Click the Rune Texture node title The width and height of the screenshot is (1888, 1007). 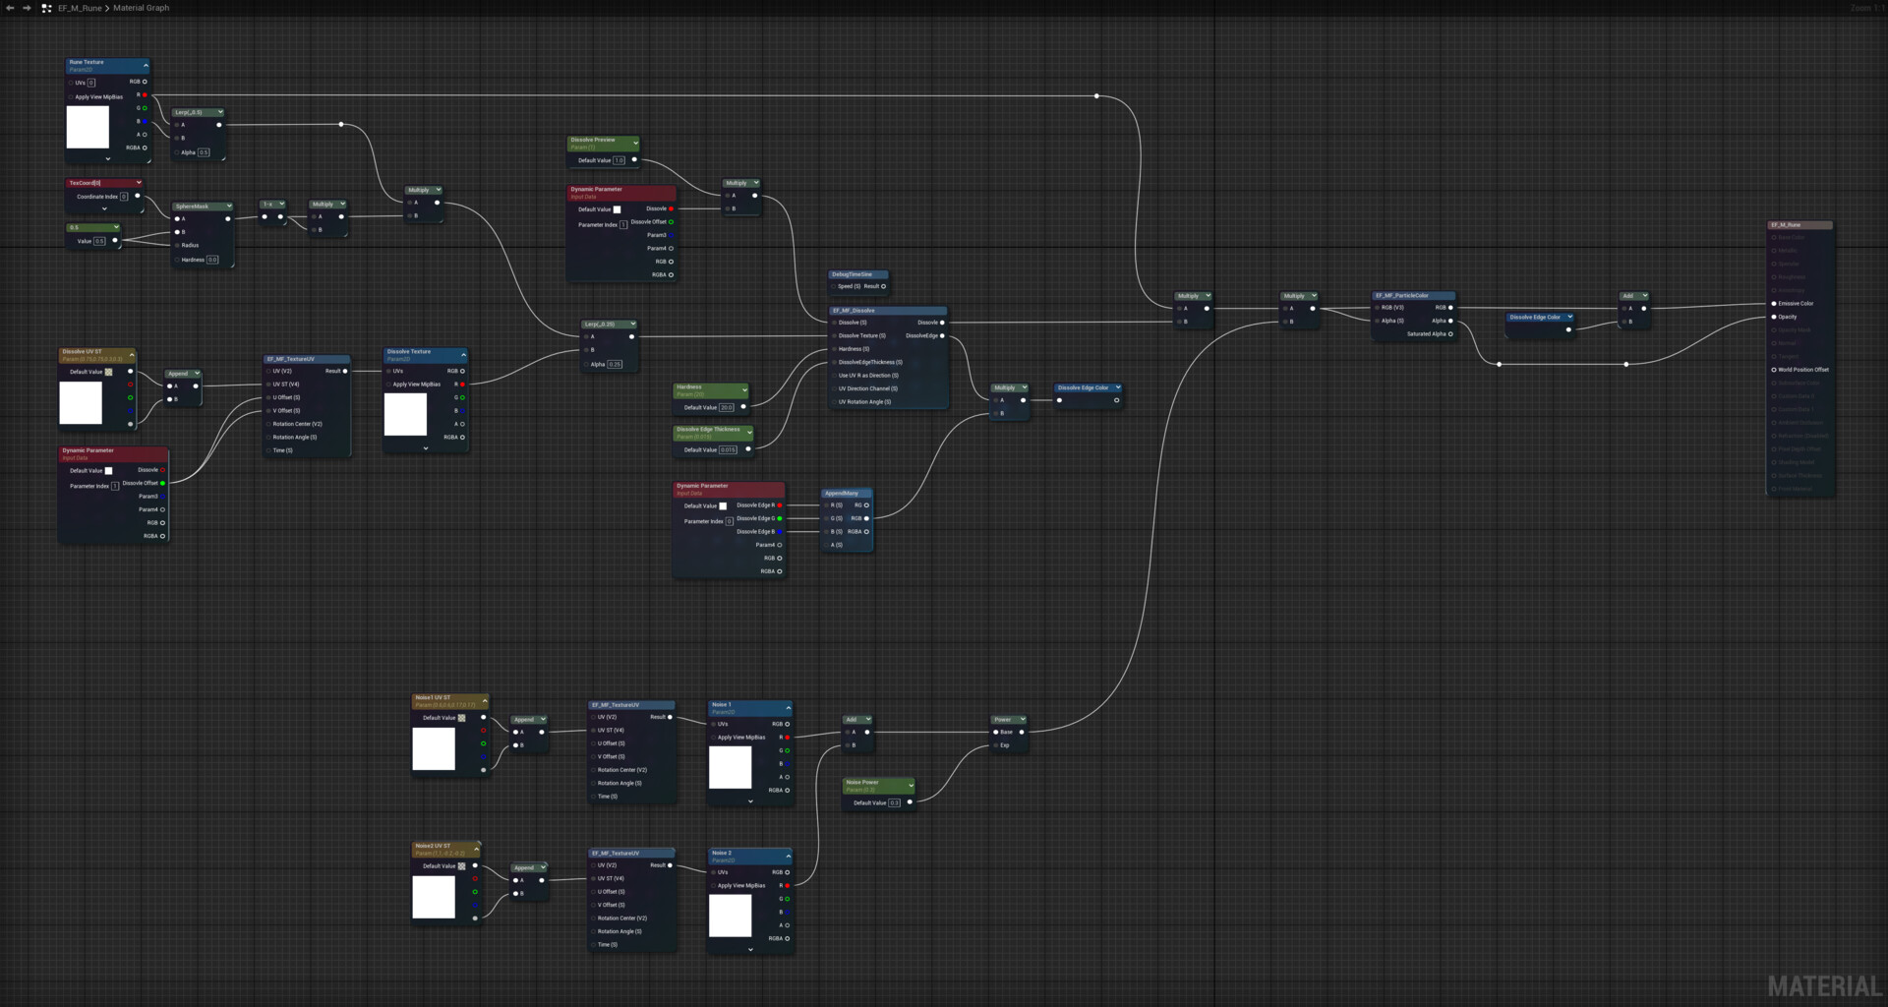87,62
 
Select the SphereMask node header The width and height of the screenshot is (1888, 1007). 193,207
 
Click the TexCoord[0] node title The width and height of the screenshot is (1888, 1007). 86,183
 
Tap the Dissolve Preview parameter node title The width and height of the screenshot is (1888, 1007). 593,140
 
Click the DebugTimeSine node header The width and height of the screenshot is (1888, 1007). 852,274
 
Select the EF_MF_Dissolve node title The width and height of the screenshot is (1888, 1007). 855,311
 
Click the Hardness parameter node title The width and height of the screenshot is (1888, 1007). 689,386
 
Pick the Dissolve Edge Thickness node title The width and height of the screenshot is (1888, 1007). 708,429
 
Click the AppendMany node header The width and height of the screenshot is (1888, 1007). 842,493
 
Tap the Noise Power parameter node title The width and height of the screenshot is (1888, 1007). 862,783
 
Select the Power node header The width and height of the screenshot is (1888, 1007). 1002,719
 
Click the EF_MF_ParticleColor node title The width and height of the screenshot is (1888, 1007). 1401,295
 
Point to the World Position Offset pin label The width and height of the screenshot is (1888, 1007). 1803,370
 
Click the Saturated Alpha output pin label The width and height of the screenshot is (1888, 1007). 1426,334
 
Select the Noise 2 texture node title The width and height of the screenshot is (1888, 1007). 722,853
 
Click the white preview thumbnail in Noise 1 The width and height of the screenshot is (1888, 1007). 730,767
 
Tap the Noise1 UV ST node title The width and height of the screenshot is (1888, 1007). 433,697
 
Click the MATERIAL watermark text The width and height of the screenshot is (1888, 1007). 1824,985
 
